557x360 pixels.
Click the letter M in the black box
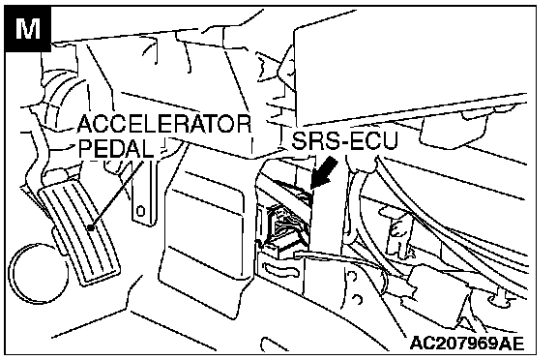click(28, 28)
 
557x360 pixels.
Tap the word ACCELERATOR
click(164, 124)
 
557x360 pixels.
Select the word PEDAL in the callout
click(116, 148)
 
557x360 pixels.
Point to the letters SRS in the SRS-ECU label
click(314, 140)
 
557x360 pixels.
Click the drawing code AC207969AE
click(467, 343)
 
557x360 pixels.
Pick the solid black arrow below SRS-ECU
click(323, 173)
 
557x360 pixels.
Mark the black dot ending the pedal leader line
click(91, 227)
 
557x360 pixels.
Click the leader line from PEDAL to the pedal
click(118, 195)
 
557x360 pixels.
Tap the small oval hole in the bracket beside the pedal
click(141, 211)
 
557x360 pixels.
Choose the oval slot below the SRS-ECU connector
click(280, 270)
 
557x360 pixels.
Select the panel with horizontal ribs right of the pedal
click(202, 227)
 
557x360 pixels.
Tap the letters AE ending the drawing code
click(513, 343)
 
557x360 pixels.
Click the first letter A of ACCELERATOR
click(85, 124)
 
